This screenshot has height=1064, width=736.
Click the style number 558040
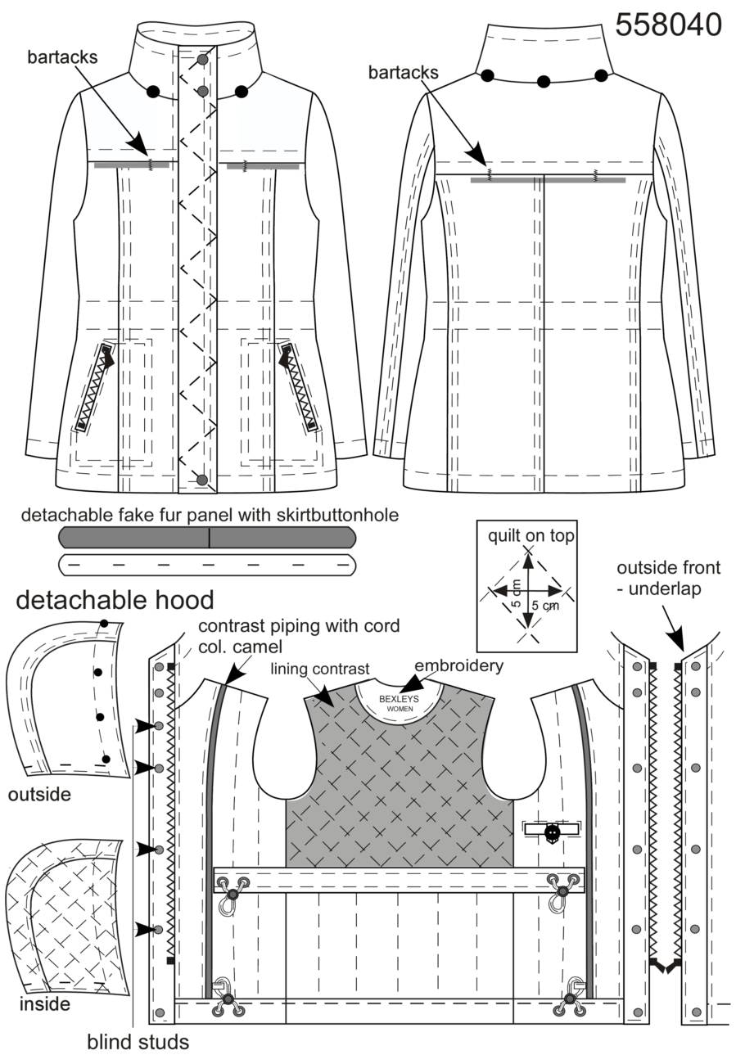coord(668,25)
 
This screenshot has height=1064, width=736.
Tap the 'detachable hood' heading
coord(115,600)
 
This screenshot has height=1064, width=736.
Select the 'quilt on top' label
coord(531,536)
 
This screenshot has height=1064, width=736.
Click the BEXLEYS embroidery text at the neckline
coord(399,699)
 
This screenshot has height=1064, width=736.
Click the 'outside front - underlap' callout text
coord(668,578)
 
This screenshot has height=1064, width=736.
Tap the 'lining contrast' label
coord(320,669)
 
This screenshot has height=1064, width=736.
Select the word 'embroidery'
coord(458,665)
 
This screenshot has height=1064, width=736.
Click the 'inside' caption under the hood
coord(45,1003)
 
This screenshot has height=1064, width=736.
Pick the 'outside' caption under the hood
coord(39,794)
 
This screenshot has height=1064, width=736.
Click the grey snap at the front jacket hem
coord(202,480)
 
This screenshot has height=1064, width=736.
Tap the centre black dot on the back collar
coord(544,82)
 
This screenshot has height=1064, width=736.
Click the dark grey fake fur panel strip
coord(207,538)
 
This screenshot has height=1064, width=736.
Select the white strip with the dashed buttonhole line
coord(207,565)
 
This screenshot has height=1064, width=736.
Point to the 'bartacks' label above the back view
coord(403,72)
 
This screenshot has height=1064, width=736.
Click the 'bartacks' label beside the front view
coord(62,57)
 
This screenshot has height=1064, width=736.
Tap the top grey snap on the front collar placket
coord(203,60)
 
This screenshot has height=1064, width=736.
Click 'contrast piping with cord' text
coord(299,625)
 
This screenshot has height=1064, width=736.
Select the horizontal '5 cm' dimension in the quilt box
coord(545,606)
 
